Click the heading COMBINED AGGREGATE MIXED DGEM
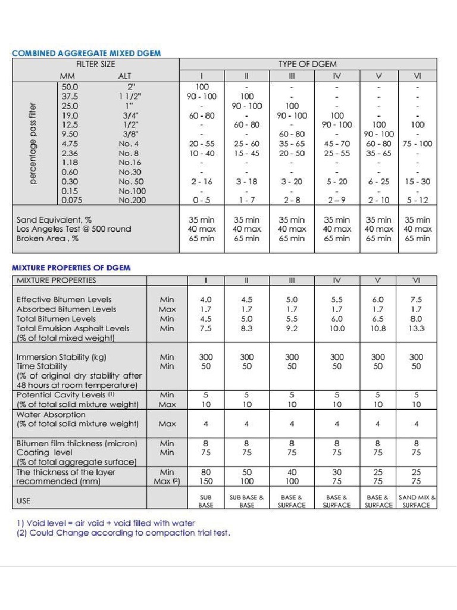pyautogui.click(x=86, y=53)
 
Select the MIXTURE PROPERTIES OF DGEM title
pyautogui.click(x=71, y=268)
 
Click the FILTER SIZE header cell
pyautogui.click(x=95, y=64)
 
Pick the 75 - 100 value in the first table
pyautogui.click(x=417, y=144)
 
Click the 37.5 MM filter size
pyautogui.click(x=70, y=96)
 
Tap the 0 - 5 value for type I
pyautogui.click(x=202, y=201)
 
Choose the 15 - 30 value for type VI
pyautogui.click(x=417, y=182)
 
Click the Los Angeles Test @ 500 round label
pyautogui.click(x=74, y=229)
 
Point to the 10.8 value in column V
pyautogui.click(x=378, y=328)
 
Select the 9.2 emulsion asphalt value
pyautogui.click(x=292, y=328)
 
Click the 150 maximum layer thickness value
pyautogui.click(x=205, y=481)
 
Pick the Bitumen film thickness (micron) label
pyautogui.click(x=77, y=443)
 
